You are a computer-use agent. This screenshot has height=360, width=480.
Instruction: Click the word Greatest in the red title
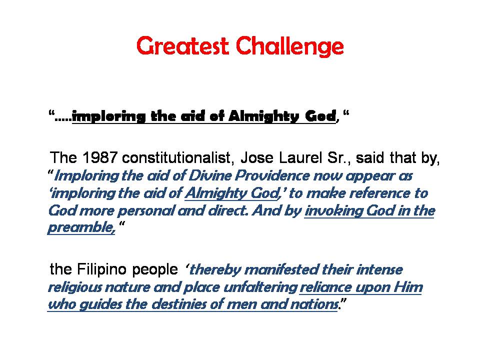182,46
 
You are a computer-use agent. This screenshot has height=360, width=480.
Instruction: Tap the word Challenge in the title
290,46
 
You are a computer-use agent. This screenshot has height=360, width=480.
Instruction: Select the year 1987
100,158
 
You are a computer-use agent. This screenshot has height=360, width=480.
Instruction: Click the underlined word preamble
81,228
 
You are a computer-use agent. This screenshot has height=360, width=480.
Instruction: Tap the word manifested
281,269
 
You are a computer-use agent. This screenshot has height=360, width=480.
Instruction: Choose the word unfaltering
260,287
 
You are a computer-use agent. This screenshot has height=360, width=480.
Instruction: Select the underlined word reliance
328,287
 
